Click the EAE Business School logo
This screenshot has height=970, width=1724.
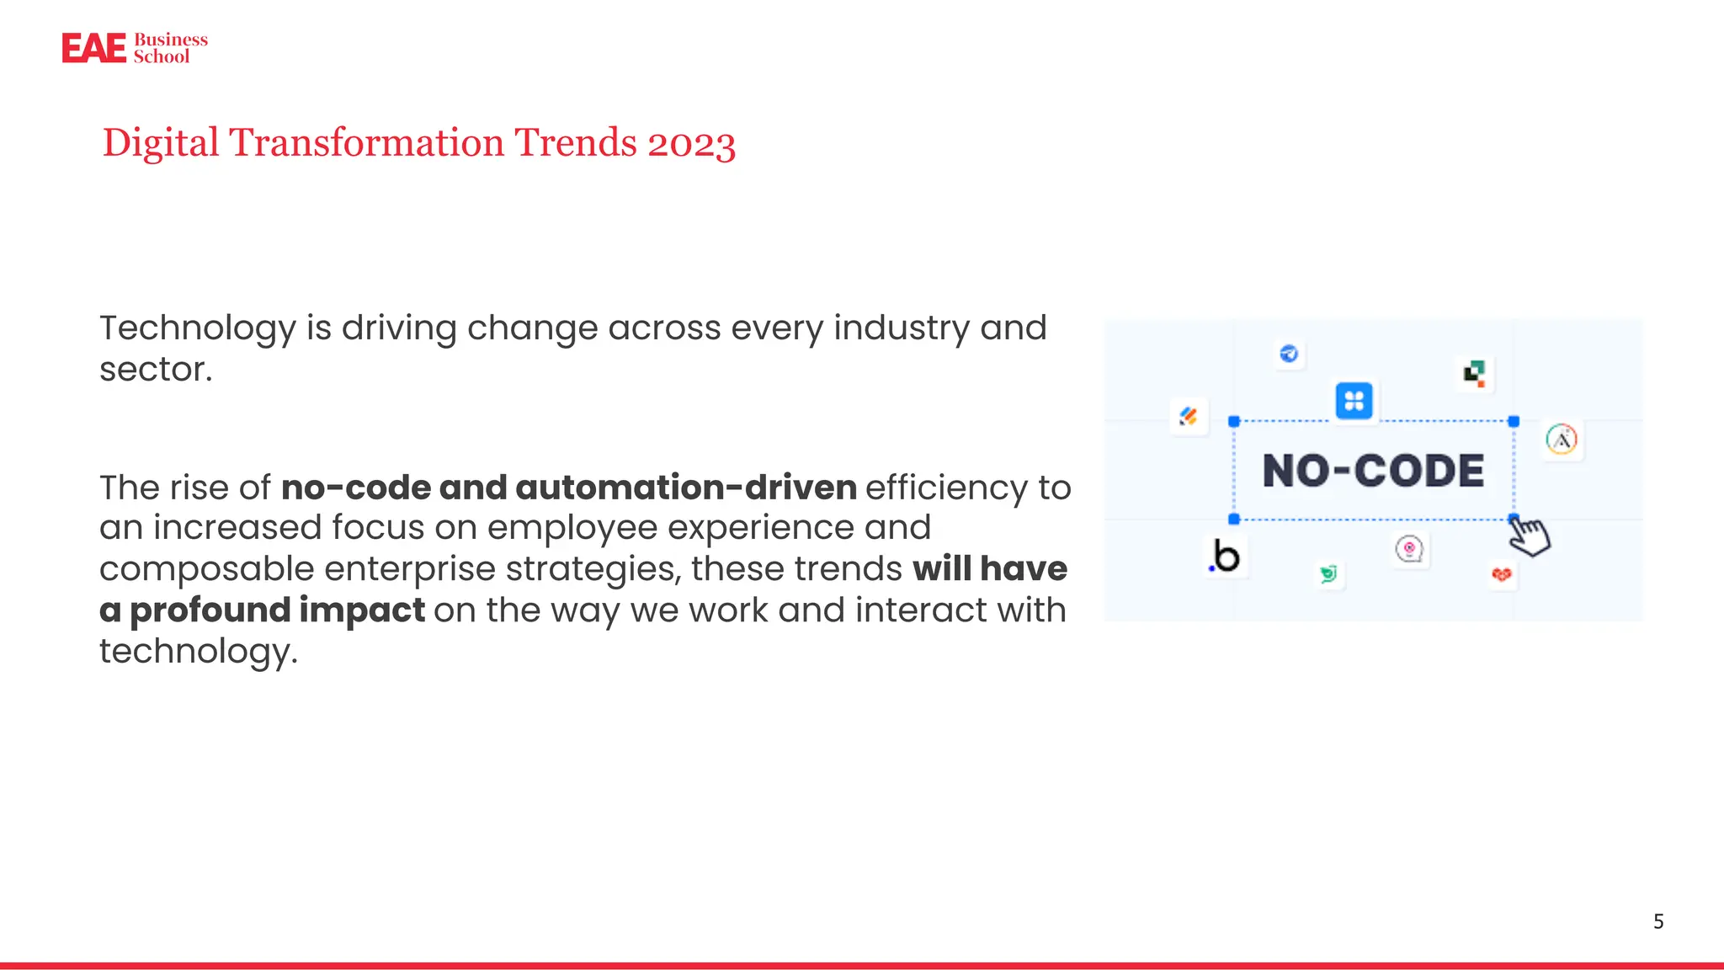pos(135,48)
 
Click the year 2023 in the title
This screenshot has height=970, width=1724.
pos(691,143)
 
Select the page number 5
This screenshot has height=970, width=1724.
pos(1657,921)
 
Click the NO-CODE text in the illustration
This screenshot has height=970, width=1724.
pos(1373,471)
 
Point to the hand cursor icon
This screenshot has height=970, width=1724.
pos(1529,536)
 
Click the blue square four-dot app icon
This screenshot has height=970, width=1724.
pos(1354,401)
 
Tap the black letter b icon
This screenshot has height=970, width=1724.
pos(1226,557)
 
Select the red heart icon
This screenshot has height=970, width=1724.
pos(1501,575)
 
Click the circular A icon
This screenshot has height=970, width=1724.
pos(1562,440)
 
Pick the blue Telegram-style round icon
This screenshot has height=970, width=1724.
pos(1289,354)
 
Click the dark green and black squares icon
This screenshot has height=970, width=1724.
pos(1474,373)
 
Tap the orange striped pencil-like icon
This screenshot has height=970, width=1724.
pos(1189,416)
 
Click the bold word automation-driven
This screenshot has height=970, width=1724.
pos(685,488)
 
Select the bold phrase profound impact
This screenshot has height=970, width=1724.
pos(277,610)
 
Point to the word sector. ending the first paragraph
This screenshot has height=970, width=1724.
pos(156,370)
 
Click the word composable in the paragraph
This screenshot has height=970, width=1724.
pos(206,569)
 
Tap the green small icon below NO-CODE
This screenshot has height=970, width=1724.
pos(1328,574)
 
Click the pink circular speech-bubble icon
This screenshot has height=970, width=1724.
pos(1409,550)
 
